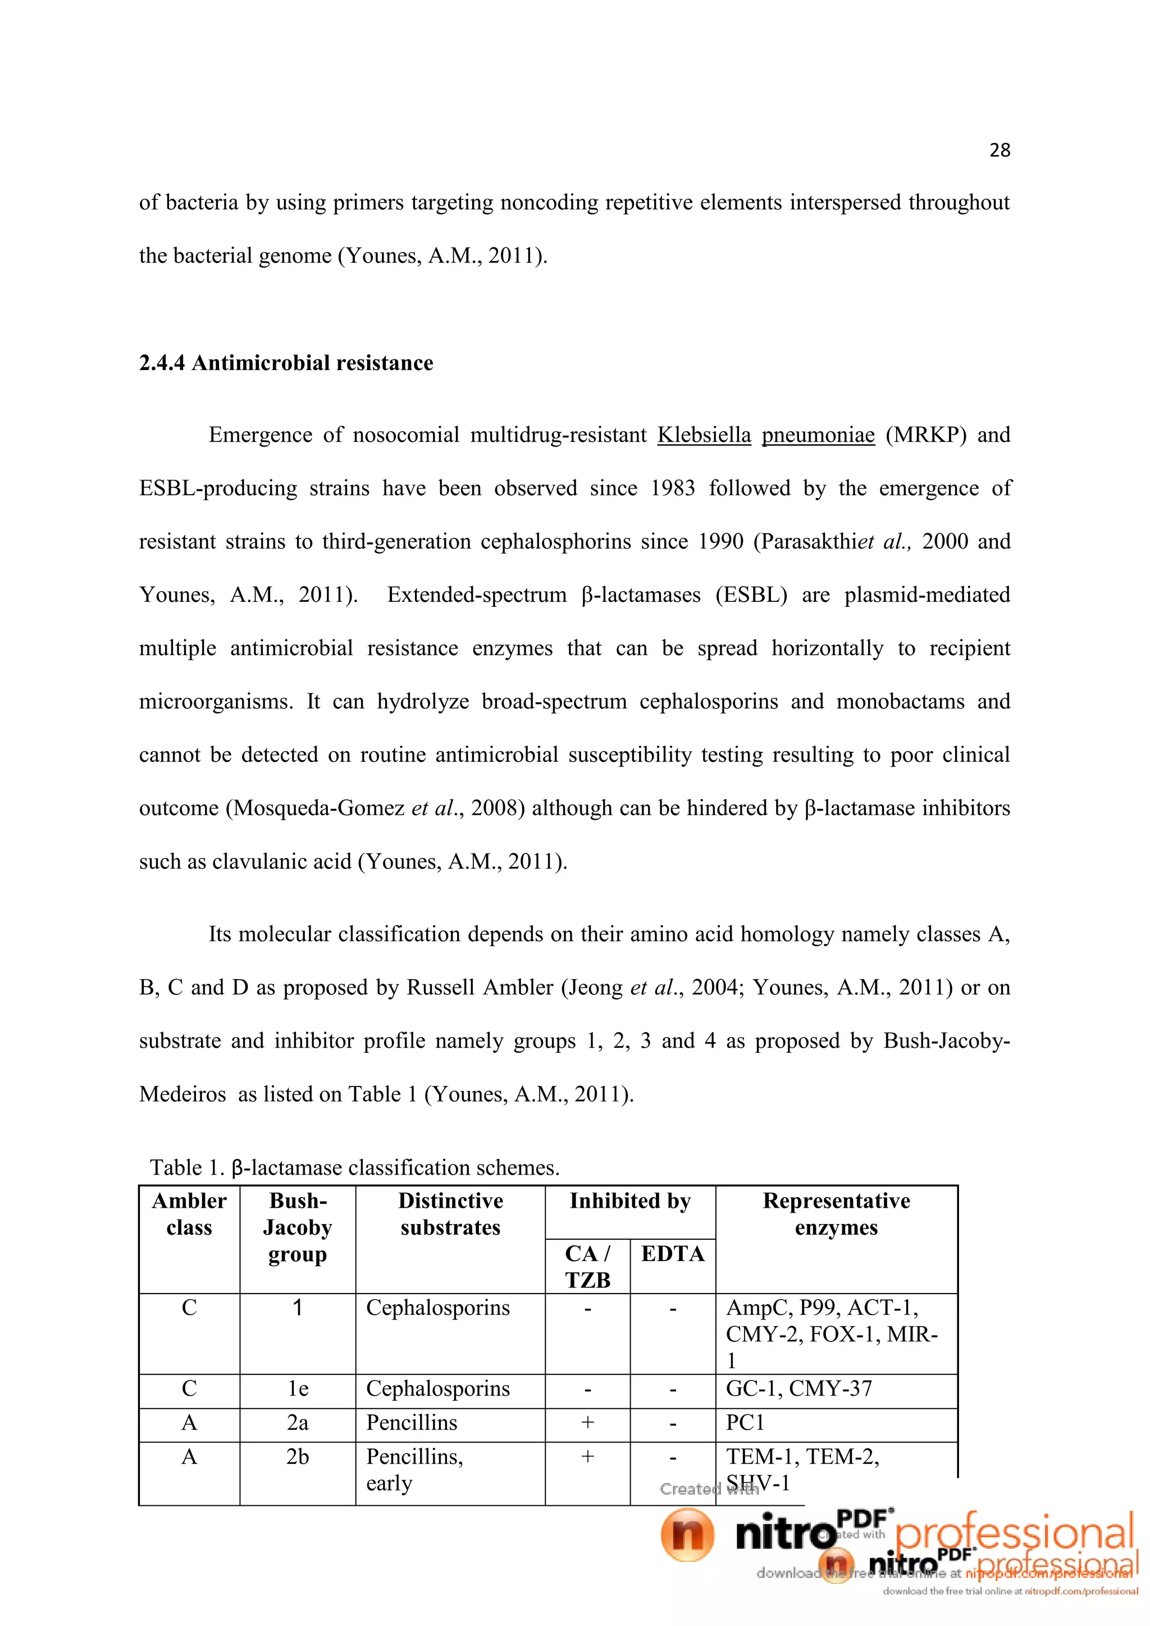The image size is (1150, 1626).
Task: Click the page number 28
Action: pos(999,150)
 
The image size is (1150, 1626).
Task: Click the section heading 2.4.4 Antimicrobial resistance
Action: pos(286,363)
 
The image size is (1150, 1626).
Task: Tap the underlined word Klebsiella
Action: pos(704,434)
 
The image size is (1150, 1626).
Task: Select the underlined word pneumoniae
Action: pos(818,434)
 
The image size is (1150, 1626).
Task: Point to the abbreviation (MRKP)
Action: pos(925,434)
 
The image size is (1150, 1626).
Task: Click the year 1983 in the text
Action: pos(673,488)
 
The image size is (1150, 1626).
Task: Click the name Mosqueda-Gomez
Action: pos(318,808)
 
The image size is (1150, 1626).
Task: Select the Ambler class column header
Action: pos(189,1214)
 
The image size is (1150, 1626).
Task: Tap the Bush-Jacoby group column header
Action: pos(298,1227)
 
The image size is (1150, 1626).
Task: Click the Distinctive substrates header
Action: pos(450,1214)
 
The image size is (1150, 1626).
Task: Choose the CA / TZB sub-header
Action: pos(587,1267)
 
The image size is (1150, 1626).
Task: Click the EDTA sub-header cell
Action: pos(673,1254)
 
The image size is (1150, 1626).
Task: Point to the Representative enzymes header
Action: pos(836,1214)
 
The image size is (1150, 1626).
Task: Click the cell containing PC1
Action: pos(745,1423)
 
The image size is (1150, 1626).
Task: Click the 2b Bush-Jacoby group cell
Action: pos(298,1457)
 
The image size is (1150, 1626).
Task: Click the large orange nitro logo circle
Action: pos(687,1534)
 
